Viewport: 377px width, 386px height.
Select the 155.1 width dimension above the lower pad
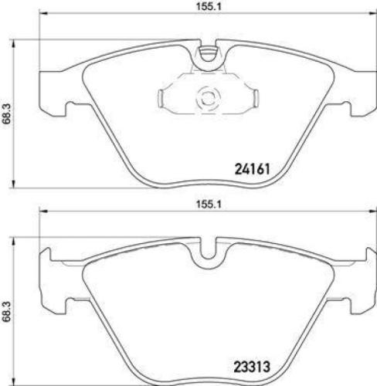[x=205, y=207]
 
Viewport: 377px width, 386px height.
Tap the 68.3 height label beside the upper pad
[x=8, y=113]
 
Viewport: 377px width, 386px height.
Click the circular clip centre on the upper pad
[x=206, y=97]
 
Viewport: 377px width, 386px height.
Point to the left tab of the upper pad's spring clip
[x=164, y=98]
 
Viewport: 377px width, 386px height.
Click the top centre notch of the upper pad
[x=206, y=54]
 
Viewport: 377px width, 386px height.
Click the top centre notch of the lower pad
[x=206, y=255]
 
